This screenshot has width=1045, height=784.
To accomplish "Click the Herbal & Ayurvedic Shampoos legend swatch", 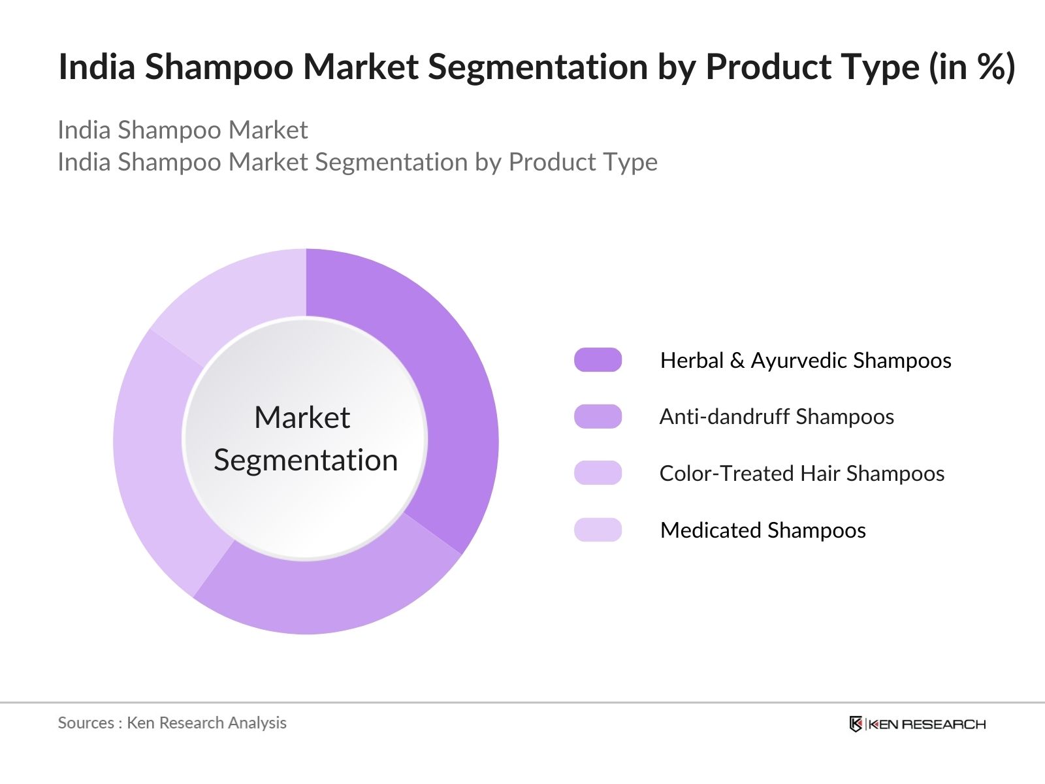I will tap(598, 360).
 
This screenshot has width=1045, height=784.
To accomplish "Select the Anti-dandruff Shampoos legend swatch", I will tap(598, 417).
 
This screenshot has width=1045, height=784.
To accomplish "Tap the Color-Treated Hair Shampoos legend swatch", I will tap(598, 473).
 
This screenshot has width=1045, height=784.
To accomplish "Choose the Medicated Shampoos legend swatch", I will tap(598, 530).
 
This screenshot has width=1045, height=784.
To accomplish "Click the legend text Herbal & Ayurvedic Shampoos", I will tap(805, 361).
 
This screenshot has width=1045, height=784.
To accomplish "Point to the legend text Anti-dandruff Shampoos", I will tap(777, 417).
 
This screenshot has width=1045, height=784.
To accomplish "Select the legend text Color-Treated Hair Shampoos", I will tap(801, 474).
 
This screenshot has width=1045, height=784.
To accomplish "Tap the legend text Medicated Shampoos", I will tap(763, 531).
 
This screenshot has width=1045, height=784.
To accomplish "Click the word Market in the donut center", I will tap(302, 417).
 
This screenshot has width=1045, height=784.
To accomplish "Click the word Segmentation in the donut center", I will tap(306, 461).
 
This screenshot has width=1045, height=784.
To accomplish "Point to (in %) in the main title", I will tap(972, 67).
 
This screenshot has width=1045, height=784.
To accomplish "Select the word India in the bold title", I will tap(96, 67).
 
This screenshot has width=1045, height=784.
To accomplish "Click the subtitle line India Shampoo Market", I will tap(182, 130).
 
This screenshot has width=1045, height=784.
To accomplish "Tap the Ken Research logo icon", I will tap(856, 724).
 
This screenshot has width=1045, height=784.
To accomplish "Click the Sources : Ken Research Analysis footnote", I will tap(172, 723).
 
